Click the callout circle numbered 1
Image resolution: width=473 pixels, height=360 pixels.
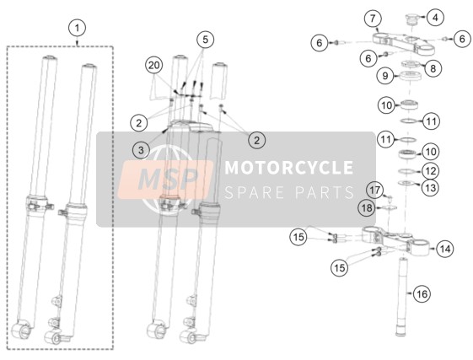click(78, 28)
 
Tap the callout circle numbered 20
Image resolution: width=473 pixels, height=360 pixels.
click(153, 65)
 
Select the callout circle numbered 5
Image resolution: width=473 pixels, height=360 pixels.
click(205, 40)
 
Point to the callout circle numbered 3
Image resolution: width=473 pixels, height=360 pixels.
click(141, 150)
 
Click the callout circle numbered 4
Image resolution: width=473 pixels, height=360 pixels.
click(435, 18)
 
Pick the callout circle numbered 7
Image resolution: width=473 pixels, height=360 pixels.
click(373, 19)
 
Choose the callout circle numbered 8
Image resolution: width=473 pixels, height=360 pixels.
click(433, 68)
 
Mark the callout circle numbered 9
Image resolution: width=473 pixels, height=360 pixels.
click(385, 75)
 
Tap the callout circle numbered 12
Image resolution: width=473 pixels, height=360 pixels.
click(431, 171)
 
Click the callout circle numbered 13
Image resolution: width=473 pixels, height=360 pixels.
click(431, 188)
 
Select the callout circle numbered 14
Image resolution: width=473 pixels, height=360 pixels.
click(445, 249)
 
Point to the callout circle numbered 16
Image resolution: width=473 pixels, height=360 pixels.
click(422, 293)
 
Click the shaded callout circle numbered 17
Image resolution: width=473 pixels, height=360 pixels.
click(375, 191)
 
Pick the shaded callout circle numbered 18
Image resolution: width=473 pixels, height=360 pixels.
click(367, 208)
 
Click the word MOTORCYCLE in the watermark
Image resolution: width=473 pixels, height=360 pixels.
click(289, 168)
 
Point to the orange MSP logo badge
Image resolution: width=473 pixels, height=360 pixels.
click(165, 180)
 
